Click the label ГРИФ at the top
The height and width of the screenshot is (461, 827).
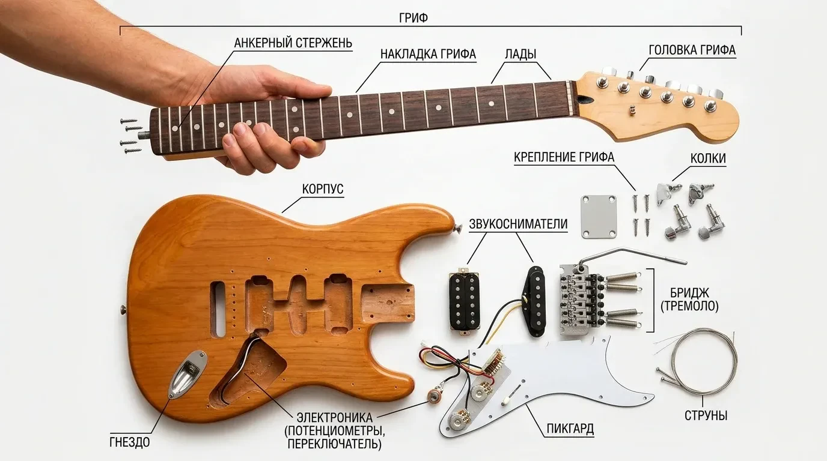413,18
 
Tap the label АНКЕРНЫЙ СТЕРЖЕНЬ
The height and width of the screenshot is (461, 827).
293,43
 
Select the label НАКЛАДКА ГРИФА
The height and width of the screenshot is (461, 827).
429,54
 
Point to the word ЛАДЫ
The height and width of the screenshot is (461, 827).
520,54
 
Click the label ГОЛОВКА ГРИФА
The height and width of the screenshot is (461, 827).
692,50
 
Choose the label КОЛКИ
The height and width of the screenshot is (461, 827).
708,158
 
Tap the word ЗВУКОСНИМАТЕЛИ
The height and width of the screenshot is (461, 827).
518,224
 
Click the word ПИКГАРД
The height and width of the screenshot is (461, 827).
570,429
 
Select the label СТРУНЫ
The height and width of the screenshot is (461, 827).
706,415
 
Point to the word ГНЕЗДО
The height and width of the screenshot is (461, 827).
130,442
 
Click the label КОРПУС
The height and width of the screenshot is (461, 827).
323,189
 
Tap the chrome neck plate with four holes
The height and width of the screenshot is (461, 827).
599,217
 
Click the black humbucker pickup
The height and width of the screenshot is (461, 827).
464,302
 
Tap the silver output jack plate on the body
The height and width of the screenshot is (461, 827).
188,375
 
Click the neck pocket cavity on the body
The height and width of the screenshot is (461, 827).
387,303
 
